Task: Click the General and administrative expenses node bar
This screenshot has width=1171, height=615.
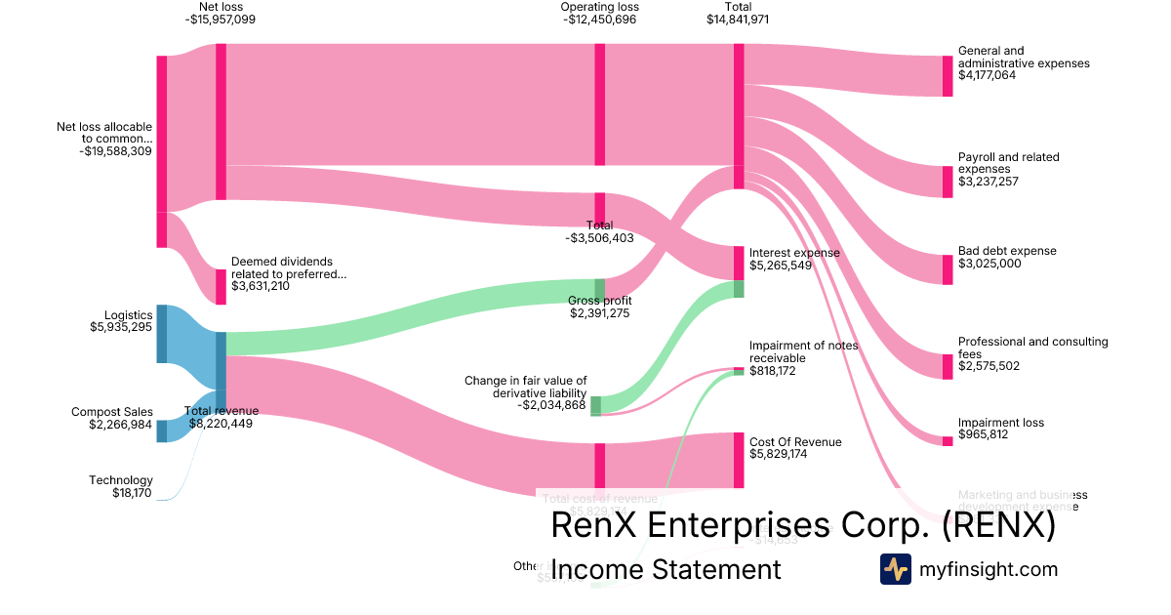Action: click(x=947, y=76)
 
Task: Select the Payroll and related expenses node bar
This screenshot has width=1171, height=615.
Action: click(x=947, y=182)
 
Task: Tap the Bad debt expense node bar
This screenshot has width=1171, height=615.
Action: click(x=947, y=269)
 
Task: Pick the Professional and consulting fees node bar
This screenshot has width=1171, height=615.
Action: click(x=947, y=366)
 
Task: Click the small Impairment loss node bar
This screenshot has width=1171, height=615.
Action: click(x=947, y=441)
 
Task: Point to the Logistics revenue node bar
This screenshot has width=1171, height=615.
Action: click(x=162, y=334)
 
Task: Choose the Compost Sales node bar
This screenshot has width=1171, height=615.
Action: click(x=162, y=430)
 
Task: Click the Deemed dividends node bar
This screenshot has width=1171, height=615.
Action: click(x=221, y=287)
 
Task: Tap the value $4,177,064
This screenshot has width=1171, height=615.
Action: click(x=987, y=75)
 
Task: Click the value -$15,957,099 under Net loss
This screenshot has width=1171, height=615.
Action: click(x=220, y=19)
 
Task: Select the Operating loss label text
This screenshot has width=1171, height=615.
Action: click(x=599, y=7)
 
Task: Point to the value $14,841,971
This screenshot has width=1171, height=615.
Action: click(x=738, y=19)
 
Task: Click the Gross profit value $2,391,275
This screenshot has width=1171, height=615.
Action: click(x=599, y=313)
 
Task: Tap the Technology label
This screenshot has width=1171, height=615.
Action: click(x=121, y=480)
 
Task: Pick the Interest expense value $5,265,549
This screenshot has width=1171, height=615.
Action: click(x=781, y=265)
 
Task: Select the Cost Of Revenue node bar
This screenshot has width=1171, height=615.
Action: click(x=739, y=460)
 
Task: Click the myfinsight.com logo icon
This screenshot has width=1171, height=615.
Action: click(x=896, y=569)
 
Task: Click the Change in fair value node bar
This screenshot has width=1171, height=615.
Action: click(x=595, y=405)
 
